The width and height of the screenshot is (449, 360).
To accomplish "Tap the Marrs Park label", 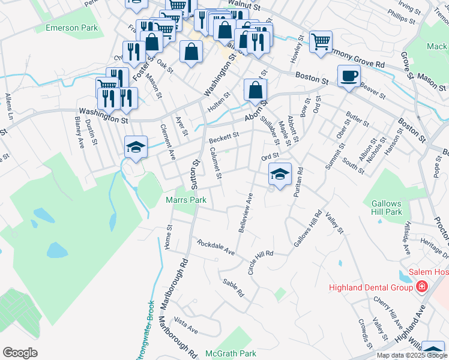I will [x=186, y=200].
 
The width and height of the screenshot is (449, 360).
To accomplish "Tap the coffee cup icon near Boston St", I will [x=349, y=76].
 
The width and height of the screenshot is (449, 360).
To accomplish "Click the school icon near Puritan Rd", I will [x=279, y=175].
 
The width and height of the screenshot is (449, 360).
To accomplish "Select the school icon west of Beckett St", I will [x=136, y=147].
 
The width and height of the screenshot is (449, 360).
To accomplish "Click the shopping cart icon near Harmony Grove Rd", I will [x=321, y=41].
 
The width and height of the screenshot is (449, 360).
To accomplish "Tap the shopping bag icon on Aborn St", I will [x=255, y=91].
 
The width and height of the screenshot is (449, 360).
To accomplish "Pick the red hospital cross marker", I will [x=422, y=287].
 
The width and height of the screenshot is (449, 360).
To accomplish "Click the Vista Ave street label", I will [x=185, y=326].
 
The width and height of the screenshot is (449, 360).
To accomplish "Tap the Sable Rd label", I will [x=234, y=289].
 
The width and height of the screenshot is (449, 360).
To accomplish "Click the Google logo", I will [x=20, y=353].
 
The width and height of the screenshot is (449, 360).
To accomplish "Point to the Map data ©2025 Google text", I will [x=412, y=355].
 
